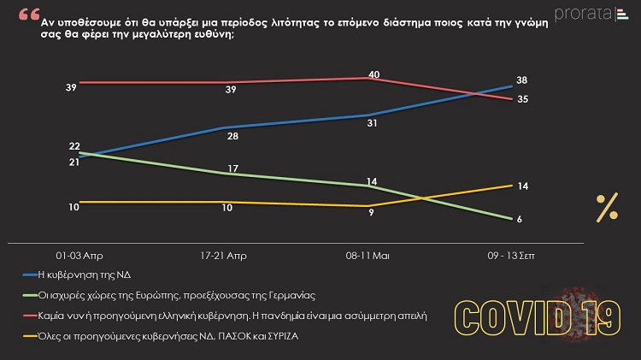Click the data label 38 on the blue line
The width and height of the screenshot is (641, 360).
point(521,80)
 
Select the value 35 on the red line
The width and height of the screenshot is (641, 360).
point(521,99)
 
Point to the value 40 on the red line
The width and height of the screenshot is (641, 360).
point(373,74)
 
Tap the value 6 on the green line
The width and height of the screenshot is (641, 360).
point(520,220)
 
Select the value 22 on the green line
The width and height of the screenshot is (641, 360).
point(74,146)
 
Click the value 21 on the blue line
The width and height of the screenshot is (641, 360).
point(74,162)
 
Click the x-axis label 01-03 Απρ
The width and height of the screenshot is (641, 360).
point(79,256)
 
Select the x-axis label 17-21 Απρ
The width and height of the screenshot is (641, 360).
point(226,256)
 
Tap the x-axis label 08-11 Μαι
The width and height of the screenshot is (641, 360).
point(370,256)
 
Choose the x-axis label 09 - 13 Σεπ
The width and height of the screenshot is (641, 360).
point(512,256)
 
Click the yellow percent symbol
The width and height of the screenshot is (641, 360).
point(607,207)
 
